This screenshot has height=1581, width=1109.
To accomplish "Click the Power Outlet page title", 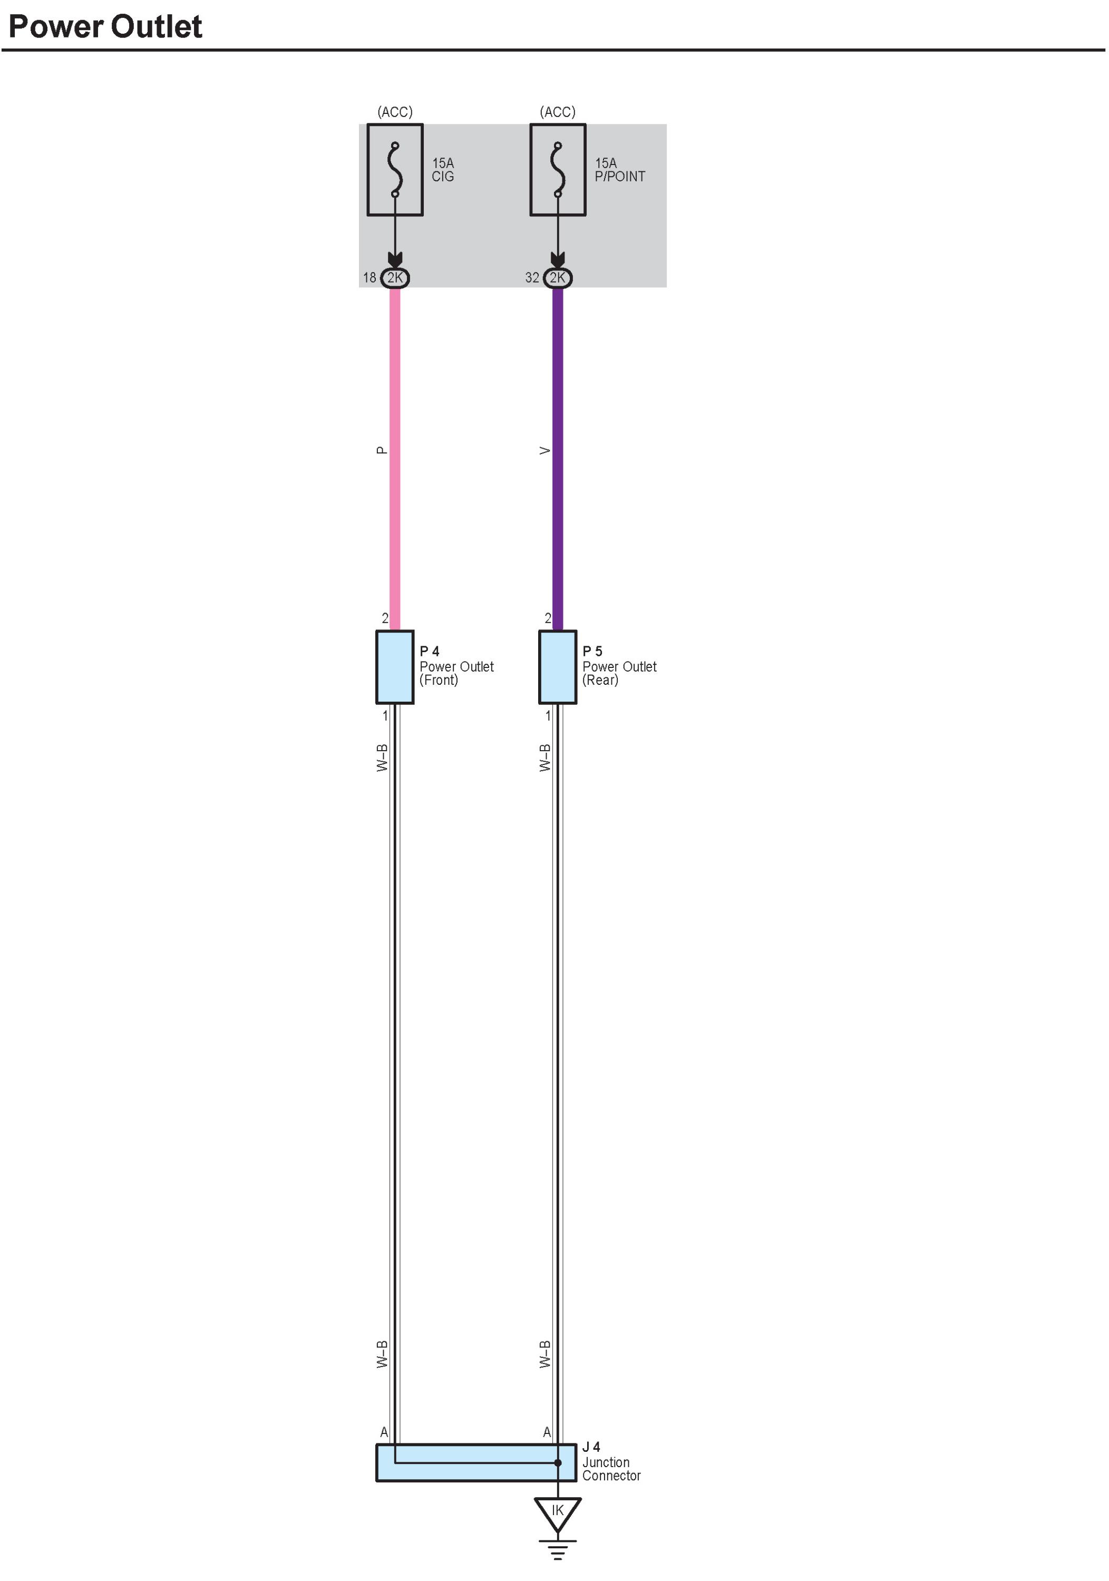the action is pyautogui.click(x=105, y=26).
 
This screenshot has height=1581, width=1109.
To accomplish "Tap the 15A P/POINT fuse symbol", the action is pyautogui.click(x=558, y=169).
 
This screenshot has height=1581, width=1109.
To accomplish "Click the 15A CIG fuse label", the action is pyautogui.click(x=443, y=169).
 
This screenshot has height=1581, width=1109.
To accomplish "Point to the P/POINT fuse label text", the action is pyautogui.click(x=619, y=176).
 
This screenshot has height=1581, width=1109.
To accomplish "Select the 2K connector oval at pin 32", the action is pyautogui.click(x=558, y=277).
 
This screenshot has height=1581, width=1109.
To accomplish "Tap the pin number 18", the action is pyautogui.click(x=369, y=277).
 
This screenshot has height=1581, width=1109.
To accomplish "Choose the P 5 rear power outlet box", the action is pyautogui.click(x=558, y=666).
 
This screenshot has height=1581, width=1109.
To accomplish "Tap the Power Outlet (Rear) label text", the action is pyautogui.click(x=619, y=673).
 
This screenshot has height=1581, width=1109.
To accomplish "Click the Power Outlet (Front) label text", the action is pyautogui.click(x=456, y=673).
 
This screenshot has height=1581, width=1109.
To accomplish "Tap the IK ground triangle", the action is pyautogui.click(x=558, y=1511).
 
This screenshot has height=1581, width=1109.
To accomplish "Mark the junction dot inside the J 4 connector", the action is pyautogui.click(x=558, y=1462).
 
